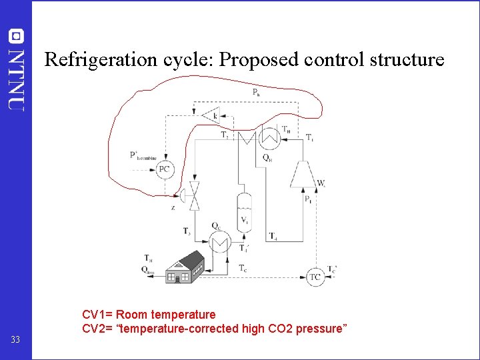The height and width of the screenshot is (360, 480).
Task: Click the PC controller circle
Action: coord(165,169)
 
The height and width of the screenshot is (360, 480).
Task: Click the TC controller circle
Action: coord(315,277)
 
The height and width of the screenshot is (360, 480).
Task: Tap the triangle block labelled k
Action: coord(213,116)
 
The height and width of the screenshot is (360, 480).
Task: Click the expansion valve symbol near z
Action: coord(194,195)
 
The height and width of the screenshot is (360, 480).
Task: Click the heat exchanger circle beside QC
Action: coord(218,243)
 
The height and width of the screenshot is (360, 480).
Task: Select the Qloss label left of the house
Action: coord(148,269)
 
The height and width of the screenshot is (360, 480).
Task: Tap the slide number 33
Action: coord(15,341)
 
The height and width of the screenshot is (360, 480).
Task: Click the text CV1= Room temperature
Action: coord(149,314)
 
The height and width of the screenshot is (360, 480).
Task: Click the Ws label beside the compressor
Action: coord(321,183)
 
